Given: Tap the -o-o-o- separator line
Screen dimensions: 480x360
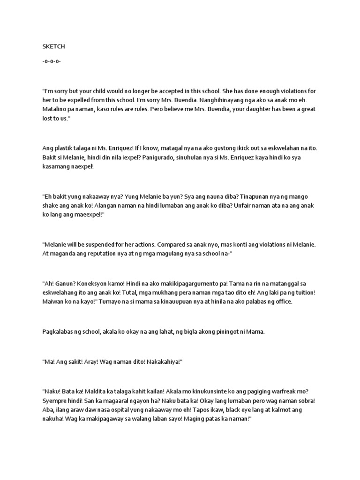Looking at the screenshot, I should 51,61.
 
